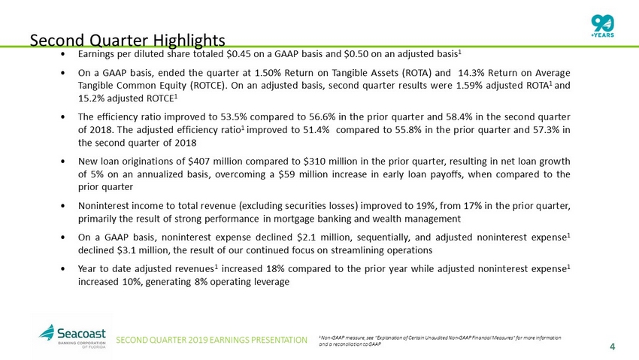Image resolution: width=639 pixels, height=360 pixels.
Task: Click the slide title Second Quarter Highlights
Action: [127, 39]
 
